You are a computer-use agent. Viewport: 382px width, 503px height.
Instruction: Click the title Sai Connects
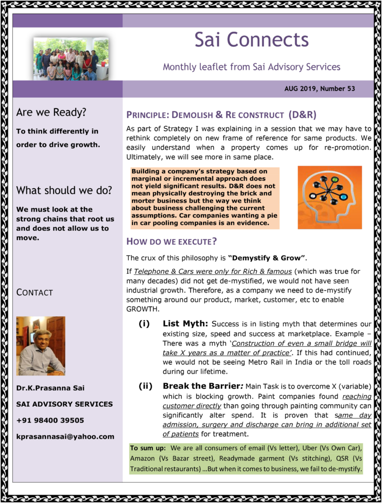coord(251,40)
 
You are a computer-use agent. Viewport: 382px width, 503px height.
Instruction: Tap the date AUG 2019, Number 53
coord(320,89)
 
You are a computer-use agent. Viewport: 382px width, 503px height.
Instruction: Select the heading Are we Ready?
coord(51,112)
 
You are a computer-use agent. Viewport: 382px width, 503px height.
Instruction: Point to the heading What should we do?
coord(64,191)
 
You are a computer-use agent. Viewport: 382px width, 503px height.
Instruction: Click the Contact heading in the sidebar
coord(34,293)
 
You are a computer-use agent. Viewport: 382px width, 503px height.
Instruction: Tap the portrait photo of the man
coord(41,346)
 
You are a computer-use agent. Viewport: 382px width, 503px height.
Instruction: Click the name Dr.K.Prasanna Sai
coord(50,388)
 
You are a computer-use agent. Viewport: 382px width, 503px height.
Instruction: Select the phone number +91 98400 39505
coord(50,420)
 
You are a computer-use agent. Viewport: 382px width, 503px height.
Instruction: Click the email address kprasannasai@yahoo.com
coord(65,437)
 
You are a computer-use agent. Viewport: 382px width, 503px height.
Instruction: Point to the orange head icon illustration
coord(329,197)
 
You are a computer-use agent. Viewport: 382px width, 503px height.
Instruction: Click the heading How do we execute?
coord(172,241)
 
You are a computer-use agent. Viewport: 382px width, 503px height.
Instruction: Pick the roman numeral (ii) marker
coord(146,386)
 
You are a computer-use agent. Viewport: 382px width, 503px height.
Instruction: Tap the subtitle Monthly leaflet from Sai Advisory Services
coord(251,67)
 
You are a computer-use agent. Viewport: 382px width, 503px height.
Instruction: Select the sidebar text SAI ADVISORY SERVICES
coord(64,404)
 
